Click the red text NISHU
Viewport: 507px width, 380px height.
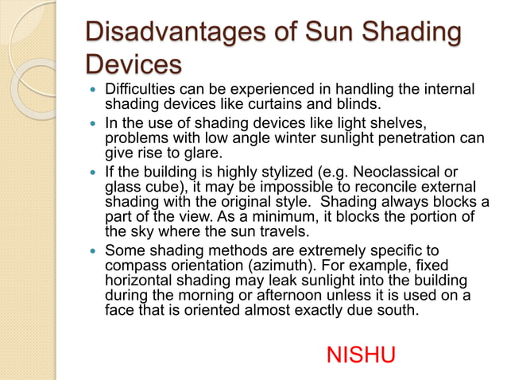pyautogui.click(x=361, y=355)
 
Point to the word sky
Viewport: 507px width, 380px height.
pyautogui.click(x=147, y=232)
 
